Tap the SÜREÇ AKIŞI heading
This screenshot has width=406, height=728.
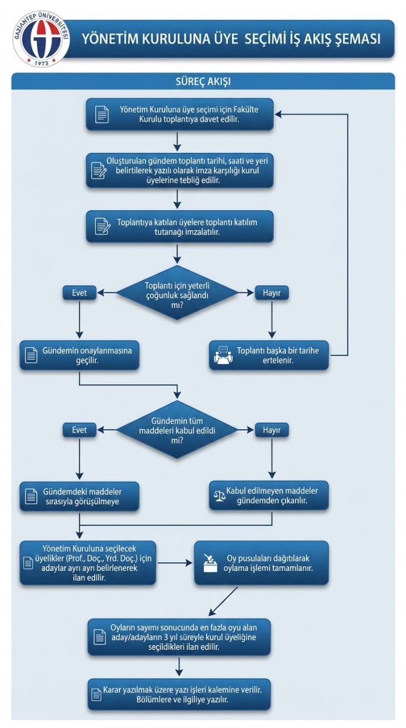click(203, 81)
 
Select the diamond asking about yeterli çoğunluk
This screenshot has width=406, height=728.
click(177, 293)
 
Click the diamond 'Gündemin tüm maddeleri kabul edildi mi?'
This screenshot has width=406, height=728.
click(177, 430)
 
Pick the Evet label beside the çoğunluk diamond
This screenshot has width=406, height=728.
click(79, 293)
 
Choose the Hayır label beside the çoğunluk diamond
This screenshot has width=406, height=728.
click(271, 293)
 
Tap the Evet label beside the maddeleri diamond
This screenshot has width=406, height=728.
click(79, 430)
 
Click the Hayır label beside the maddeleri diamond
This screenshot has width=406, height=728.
click(271, 430)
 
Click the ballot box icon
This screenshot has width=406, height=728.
click(210, 563)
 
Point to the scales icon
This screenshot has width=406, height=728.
click(219, 496)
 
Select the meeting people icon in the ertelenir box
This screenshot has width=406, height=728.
click(224, 355)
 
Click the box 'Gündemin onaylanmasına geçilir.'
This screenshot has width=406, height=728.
click(79, 356)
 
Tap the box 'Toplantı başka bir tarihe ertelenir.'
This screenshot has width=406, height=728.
click(268, 356)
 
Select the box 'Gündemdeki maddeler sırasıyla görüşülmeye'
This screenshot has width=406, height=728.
click(79, 496)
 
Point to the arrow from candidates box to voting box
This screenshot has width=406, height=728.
click(175, 563)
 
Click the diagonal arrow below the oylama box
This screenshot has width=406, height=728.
click(223, 601)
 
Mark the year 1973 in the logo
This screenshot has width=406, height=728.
click(42, 62)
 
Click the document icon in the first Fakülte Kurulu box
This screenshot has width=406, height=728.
click(102, 115)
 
